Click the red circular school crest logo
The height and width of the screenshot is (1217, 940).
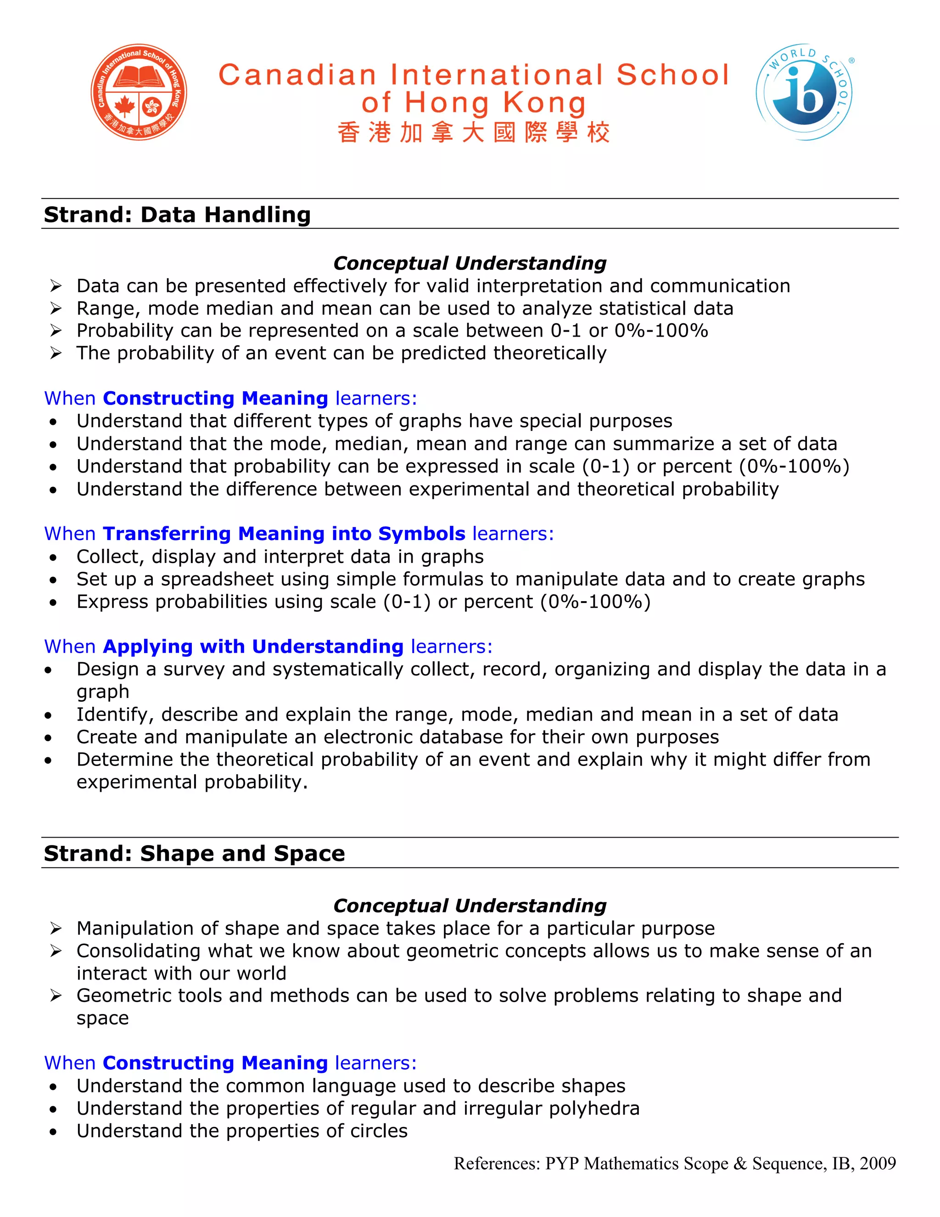139,92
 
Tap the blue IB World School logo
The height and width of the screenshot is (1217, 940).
804,92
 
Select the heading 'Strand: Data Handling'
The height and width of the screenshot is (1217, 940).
177,214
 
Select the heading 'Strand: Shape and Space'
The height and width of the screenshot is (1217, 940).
194,853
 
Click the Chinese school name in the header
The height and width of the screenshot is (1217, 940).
473,133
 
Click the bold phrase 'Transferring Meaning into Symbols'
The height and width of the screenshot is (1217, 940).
284,533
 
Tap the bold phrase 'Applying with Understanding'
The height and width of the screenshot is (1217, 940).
253,647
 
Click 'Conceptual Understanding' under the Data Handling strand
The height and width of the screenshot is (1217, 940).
470,263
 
